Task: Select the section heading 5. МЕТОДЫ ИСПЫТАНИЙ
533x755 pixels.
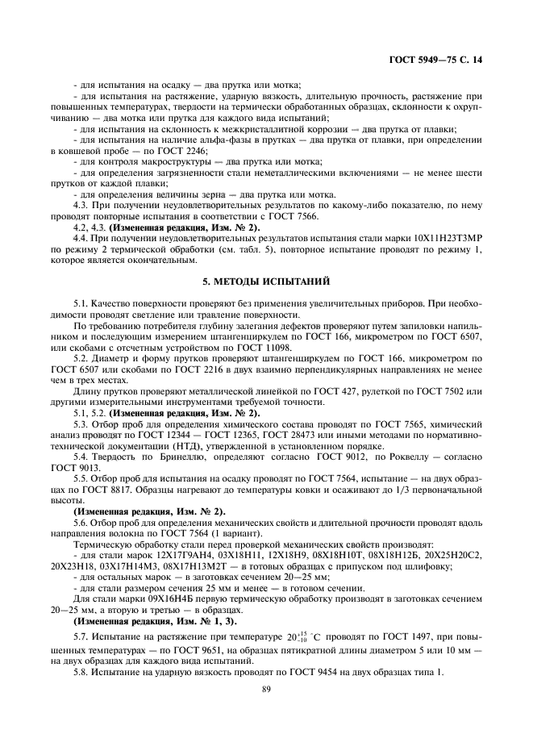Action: pos(266,281)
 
